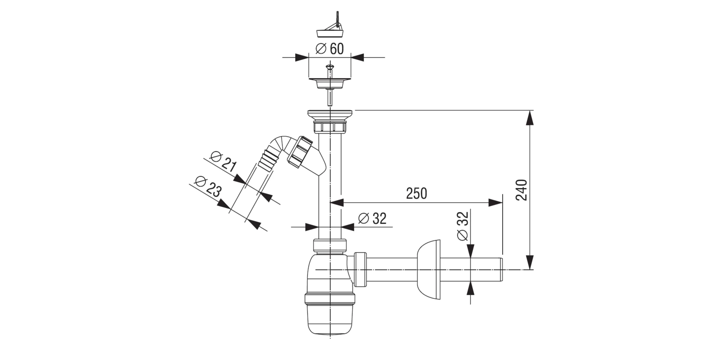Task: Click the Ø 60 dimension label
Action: [329, 49]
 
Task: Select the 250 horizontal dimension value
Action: [417, 194]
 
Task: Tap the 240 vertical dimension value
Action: [522, 190]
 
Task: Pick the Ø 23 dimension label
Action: [207, 186]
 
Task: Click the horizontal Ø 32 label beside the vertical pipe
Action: [373, 218]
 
